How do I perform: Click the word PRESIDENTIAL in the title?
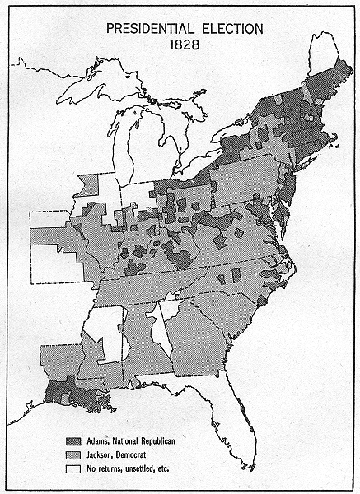[x=145, y=28]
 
